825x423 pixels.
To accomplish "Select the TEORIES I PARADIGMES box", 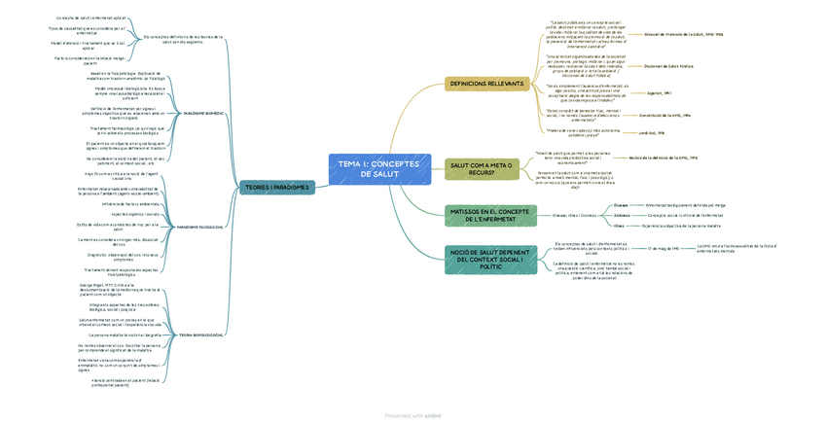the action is pyautogui.click(x=276, y=188).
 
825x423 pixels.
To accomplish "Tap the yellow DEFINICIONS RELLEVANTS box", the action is pyautogui.click(x=487, y=85).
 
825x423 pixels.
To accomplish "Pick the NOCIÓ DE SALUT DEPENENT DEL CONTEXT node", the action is pyautogui.click(x=489, y=260).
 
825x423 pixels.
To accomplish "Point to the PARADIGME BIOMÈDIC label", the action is pyautogui.click(x=203, y=114).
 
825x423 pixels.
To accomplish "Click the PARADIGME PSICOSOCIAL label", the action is pyautogui.click(x=200, y=227).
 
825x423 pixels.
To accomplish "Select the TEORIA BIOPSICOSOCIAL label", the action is pyautogui.click(x=201, y=335).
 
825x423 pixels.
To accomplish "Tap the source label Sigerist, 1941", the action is pyautogui.click(x=661, y=93).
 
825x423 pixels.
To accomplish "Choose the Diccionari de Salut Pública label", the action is pyautogui.click(x=669, y=66).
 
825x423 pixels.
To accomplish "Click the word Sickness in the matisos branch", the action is pyautogui.click(x=621, y=215).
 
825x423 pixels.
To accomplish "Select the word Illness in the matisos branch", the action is pyautogui.click(x=619, y=225).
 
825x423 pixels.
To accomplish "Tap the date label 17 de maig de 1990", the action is pyautogui.click(x=664, y=248).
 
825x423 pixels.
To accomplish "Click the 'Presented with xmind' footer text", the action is pyautogui.click(x=412, y=415).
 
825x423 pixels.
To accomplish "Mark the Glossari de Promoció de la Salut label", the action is pyautogui.click(x=684, y=34).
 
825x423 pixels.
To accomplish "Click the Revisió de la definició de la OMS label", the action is pyautogui.click(x=663, y=157).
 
